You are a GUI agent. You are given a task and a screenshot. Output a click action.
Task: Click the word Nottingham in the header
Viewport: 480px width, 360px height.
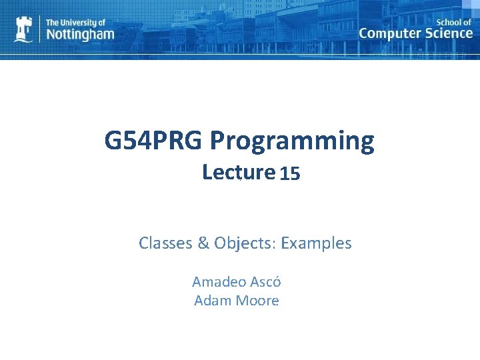79,34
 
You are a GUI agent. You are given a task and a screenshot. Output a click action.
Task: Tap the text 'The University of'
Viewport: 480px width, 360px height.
75,21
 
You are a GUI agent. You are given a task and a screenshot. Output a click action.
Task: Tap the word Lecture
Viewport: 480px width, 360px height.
239,173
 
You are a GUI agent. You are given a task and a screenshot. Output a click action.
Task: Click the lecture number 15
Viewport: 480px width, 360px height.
290,174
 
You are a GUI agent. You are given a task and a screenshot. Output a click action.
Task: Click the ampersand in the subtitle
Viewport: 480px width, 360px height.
203,243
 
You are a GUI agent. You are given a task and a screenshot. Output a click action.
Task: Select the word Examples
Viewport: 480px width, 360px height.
316,243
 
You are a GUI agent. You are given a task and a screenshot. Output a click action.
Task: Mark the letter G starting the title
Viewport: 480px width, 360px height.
113,141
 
